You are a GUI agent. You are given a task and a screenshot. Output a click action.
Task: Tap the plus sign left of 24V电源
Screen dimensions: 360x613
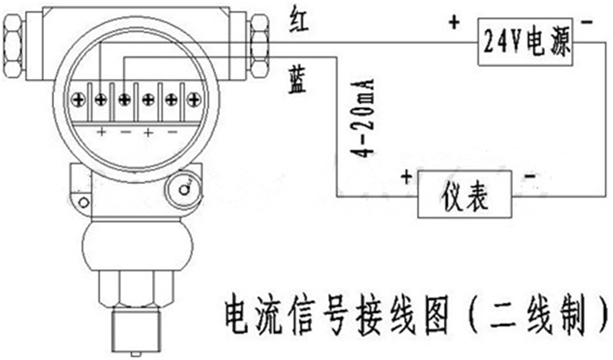tap(454, 23)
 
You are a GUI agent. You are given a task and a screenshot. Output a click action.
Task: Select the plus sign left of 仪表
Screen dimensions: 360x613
tap(406, 178)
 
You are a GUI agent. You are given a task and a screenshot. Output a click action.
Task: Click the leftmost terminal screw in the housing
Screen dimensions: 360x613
tap(78, 98)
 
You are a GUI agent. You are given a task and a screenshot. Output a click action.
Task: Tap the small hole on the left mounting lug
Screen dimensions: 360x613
tap(83, 202)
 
